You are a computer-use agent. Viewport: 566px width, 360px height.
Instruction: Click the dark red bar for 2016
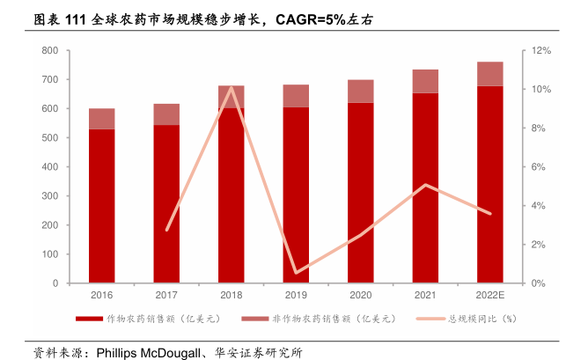[101, 207]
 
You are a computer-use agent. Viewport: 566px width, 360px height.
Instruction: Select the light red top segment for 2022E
[489, 74]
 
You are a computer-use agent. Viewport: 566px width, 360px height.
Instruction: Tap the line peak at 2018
[231, 87]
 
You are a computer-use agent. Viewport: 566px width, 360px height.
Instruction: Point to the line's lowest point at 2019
[296, 273]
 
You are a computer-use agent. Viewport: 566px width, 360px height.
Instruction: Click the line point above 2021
[425, 185]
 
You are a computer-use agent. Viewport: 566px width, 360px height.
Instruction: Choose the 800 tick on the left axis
[50, 51]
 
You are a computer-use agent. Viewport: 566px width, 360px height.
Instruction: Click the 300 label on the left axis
[50, 196]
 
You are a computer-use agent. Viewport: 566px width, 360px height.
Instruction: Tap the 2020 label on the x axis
[360, 295]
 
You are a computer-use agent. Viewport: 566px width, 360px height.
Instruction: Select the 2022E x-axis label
[489, 295]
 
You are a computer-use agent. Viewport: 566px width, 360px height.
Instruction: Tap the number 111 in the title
[77, 18]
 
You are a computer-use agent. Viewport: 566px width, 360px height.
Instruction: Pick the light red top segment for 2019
[296, 96]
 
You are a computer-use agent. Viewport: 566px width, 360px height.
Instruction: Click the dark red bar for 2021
[425, 188]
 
